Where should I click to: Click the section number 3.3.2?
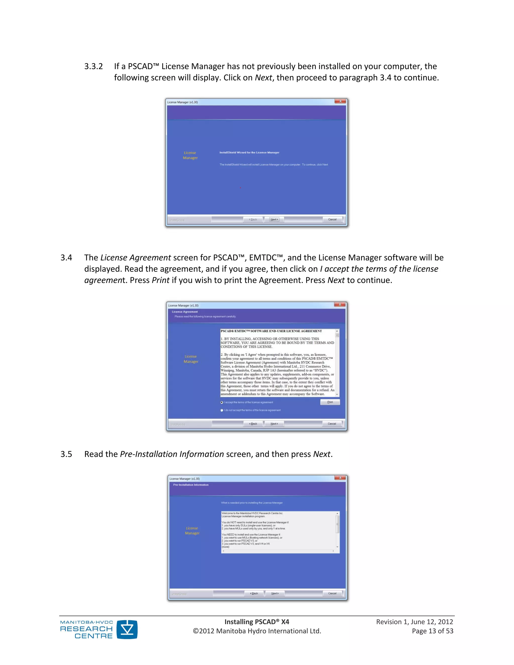[93, 66]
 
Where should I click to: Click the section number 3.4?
[66, 258]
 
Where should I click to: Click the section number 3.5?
[66, 454]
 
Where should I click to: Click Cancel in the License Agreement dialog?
[332, 424]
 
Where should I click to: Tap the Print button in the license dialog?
[330, 402]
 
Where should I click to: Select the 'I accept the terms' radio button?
[222, 402]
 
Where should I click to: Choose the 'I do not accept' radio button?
[222, 410]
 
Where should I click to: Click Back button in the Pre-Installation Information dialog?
[254, 593]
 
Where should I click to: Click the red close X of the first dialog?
[340, 101]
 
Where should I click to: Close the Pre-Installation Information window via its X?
[340, 478]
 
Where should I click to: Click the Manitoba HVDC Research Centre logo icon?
[127, 629]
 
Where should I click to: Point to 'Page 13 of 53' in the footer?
[432, 631]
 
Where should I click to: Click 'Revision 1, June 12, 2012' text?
[414, 622]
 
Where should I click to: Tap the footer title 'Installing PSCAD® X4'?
[257, 622]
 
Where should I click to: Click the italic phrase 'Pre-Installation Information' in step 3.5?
[172, 454]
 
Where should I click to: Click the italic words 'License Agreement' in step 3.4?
[136, 258]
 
